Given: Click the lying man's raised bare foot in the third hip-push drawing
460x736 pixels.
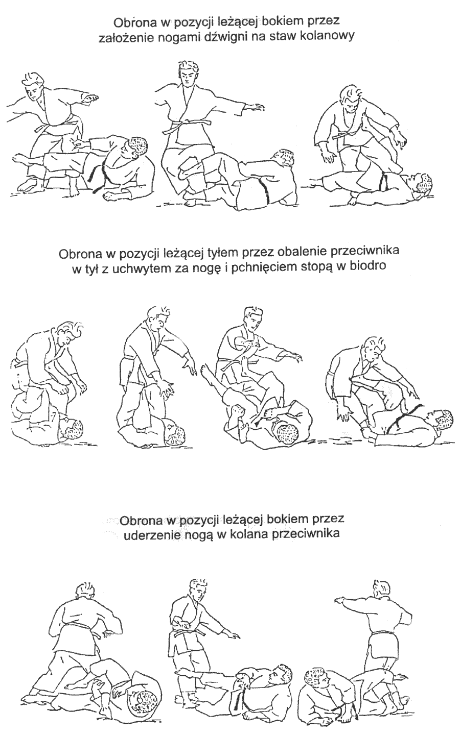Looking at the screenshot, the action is tap(207, 371).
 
